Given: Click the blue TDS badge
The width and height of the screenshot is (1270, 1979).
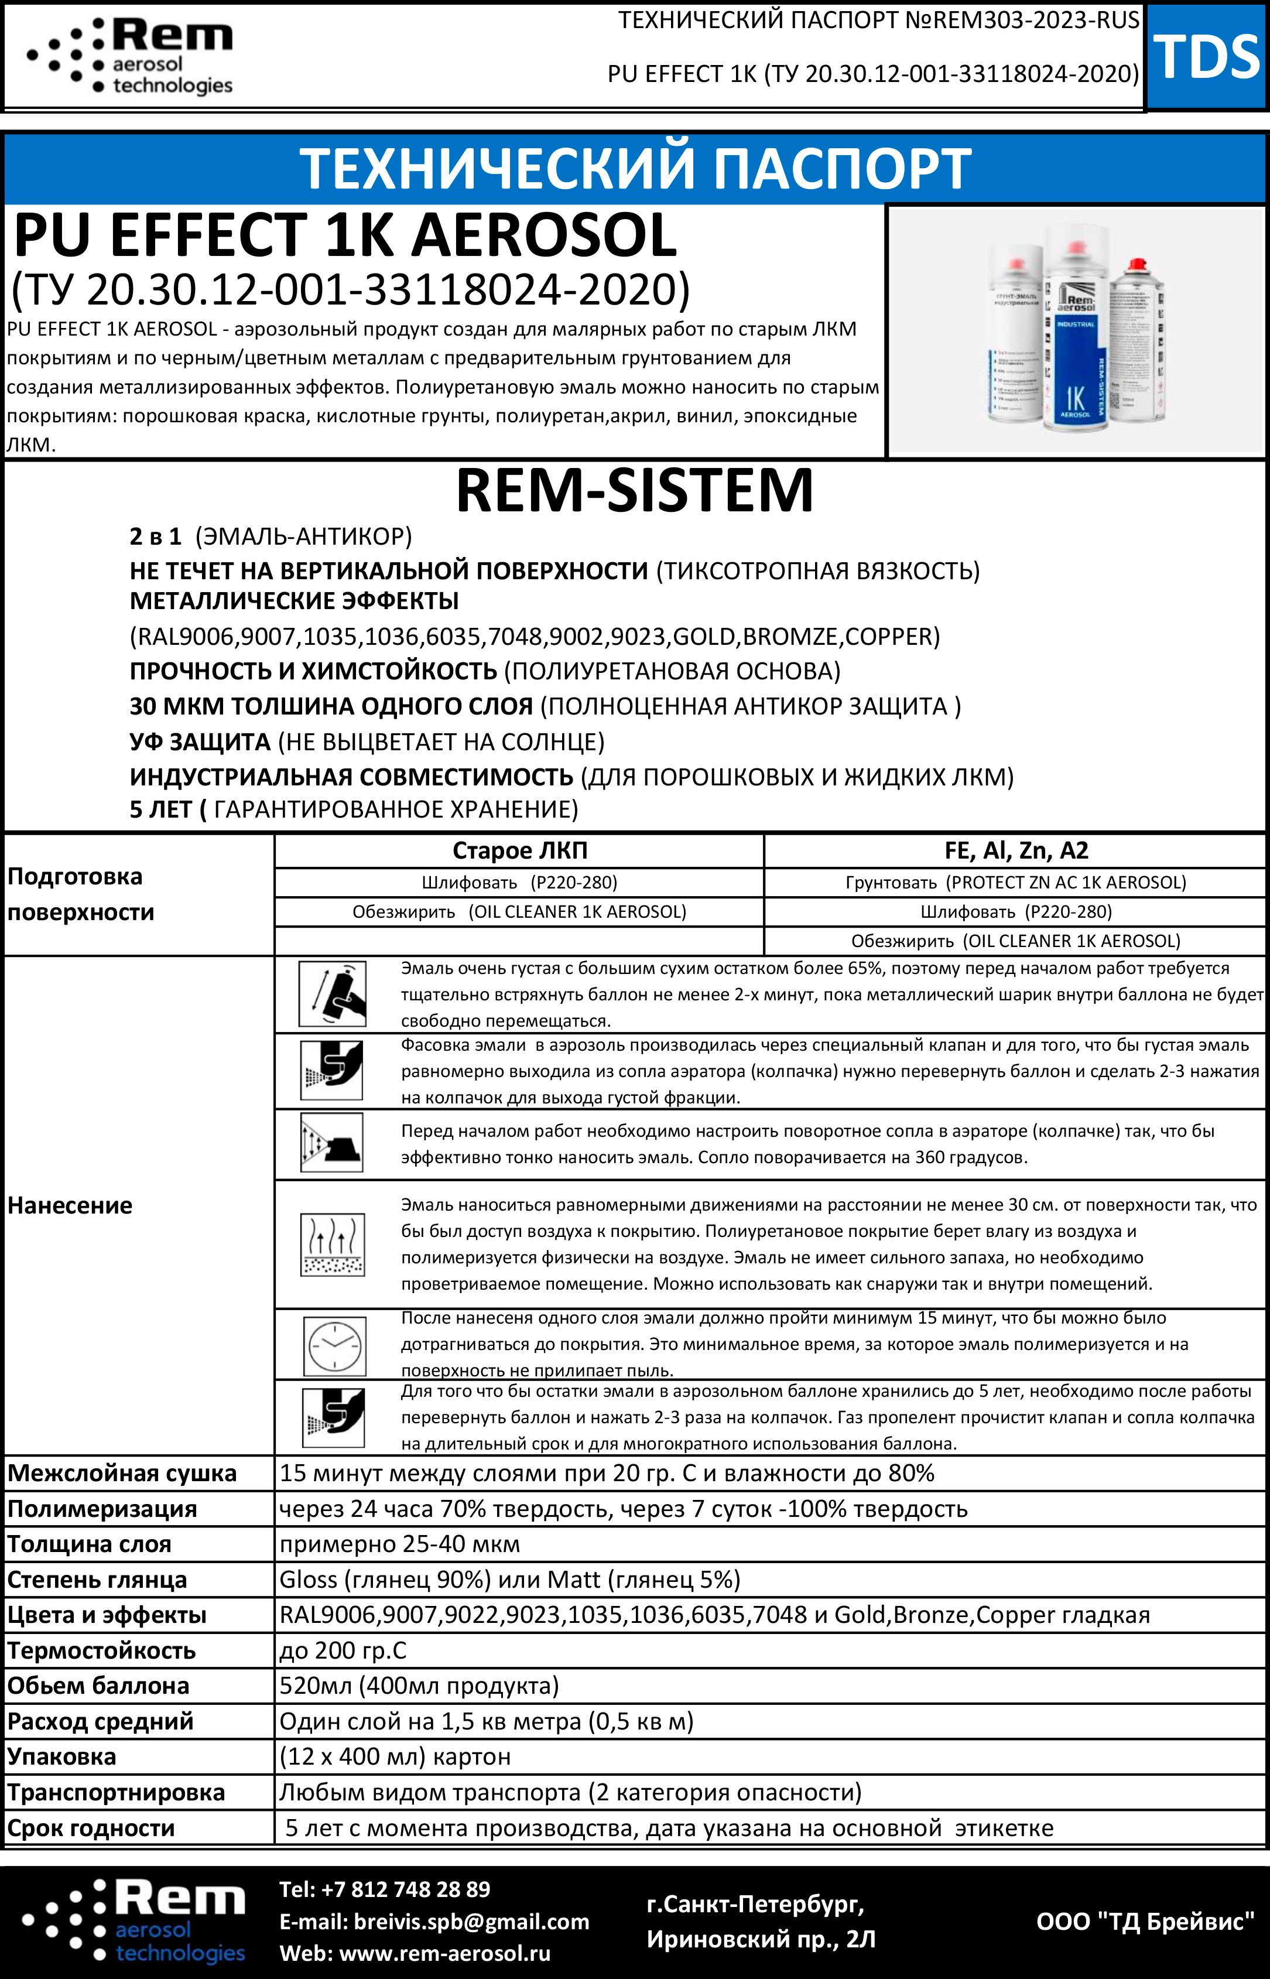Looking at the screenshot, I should [1207, 56].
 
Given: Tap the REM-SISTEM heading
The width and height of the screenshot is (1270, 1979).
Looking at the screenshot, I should [634, 491].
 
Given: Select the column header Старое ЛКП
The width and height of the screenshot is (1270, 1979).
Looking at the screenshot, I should [519, 850].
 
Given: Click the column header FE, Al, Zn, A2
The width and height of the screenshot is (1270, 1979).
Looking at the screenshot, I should [1015, 850].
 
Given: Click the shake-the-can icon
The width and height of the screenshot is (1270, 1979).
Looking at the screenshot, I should [333, 994].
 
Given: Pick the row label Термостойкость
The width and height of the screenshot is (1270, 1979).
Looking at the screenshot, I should [101, 1650].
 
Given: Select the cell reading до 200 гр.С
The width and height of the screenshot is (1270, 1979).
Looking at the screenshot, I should [343, 1650].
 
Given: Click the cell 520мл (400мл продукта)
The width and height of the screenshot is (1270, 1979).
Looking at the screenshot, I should [419, 1686].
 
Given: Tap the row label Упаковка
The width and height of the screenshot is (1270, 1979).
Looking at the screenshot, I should [62, 1757].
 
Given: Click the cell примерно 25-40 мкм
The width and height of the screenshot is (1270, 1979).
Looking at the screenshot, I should [400, 1544].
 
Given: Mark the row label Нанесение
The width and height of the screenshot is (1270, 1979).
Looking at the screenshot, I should [70, 1205].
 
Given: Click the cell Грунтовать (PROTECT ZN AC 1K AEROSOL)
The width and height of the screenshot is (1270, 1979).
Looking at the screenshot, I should [1015, 882].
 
